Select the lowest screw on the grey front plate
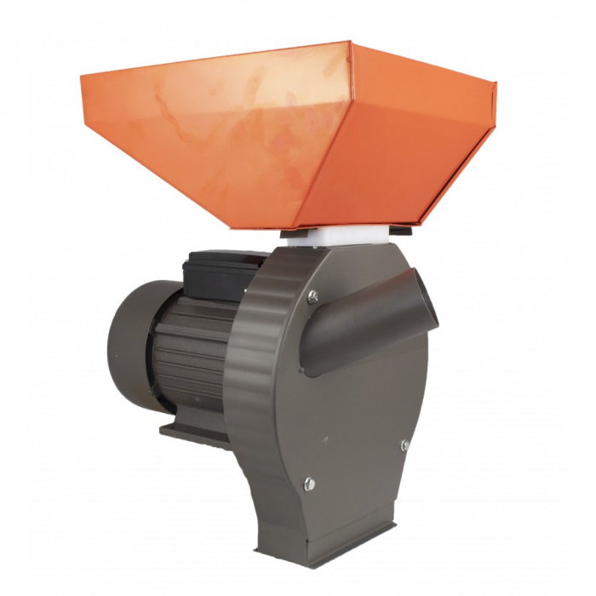(x=309, y=483)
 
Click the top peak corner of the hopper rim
(x=349, y=41)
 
